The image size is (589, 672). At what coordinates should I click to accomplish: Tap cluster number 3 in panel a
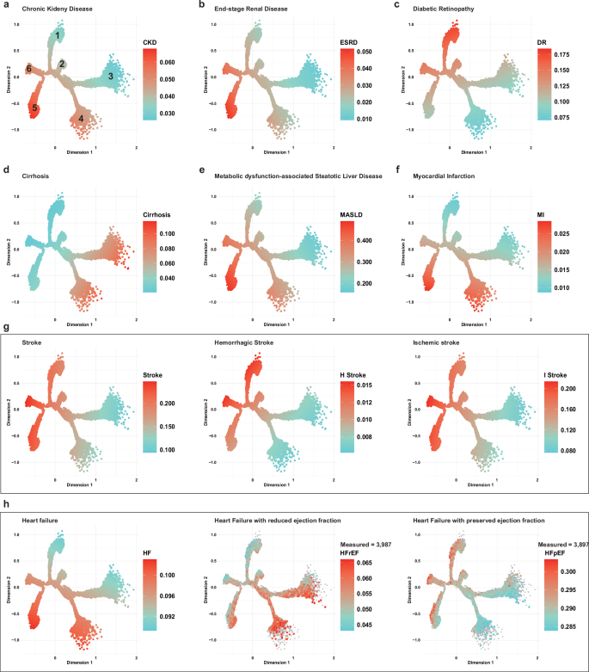tap(110, 77)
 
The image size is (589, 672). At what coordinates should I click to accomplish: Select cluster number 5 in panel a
tap(34, 108)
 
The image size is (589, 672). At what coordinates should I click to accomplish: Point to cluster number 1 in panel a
tap(58, 35)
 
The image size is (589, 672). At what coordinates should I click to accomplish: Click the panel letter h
tap(7, 502)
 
